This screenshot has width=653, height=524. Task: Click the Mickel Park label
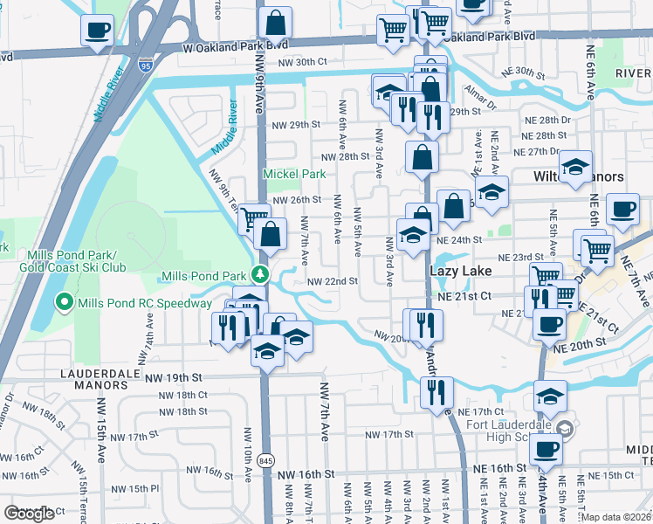point(294,174)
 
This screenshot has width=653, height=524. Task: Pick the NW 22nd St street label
point(333,281)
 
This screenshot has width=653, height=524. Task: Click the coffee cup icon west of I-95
point(97,31)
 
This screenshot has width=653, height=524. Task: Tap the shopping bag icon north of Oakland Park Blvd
point(275,21)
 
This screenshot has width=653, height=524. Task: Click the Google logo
point(29,514)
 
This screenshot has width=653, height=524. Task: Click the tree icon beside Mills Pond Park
point(258,275)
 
